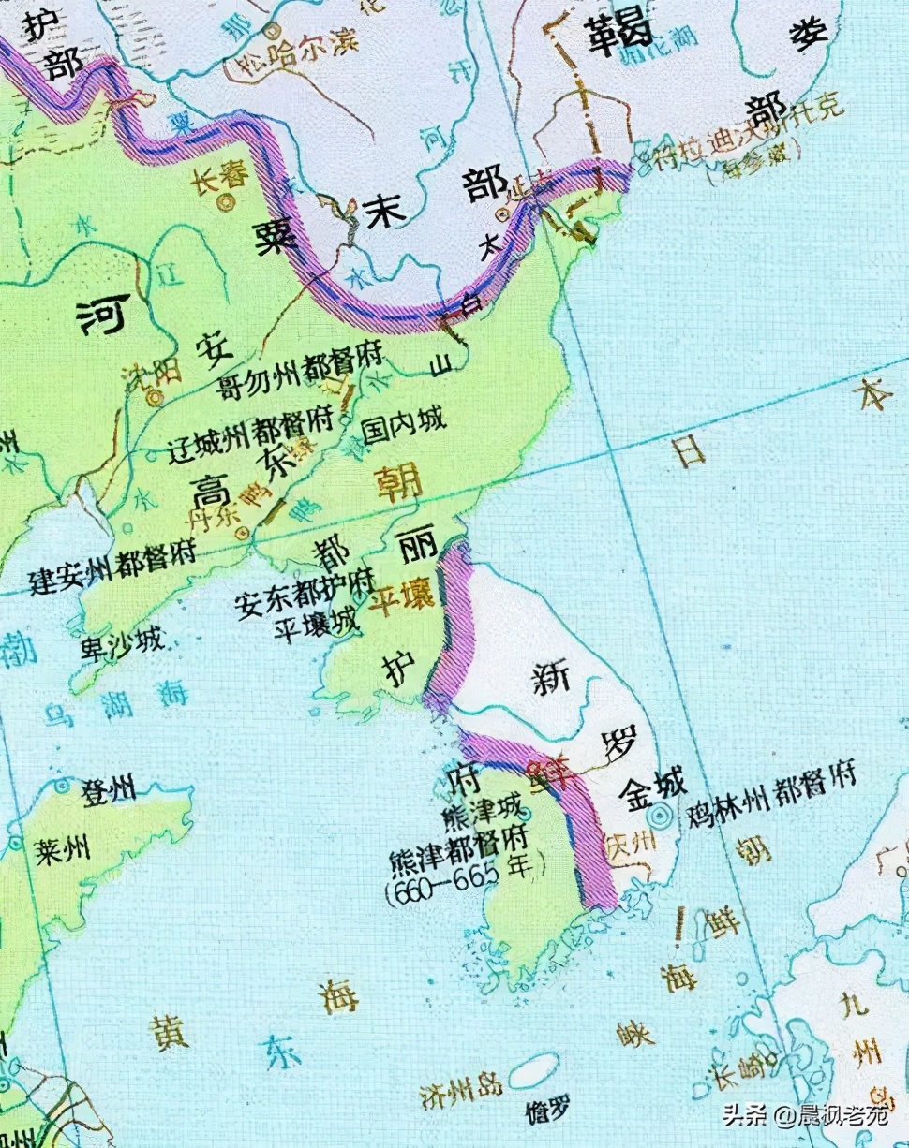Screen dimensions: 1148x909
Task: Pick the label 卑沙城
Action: point(122,643)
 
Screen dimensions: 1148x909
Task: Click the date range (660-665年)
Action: point(465,867)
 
